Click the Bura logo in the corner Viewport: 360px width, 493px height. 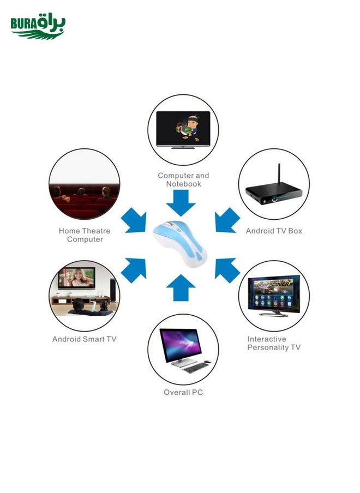pyautogui.click(x=38, y=27)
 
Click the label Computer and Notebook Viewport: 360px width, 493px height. pyautogui.click(x=183, y=179)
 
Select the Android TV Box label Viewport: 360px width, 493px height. pyautogui.click(x=274, y=231)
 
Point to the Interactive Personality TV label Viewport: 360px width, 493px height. pyautogui.click(x=274, y=343)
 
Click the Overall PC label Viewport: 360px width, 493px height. pyautogui.click(x=183, y=392)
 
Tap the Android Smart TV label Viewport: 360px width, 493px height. pyautogui.click(x=85, y=339)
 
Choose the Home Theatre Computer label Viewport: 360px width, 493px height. pyautogui.click(x=85, y=235)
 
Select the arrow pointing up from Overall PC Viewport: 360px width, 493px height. pyautogui.click(x=181, y=287)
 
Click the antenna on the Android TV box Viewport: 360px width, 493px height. pyautogui.click(x=278, y=173)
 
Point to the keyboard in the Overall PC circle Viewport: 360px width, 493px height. pyautogui.click(x=196, y=368)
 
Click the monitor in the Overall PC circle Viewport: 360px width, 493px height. pyautogui.click(x=181, y=345)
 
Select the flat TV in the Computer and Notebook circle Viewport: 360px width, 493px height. pyautogui.click(x=183, y=129)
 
